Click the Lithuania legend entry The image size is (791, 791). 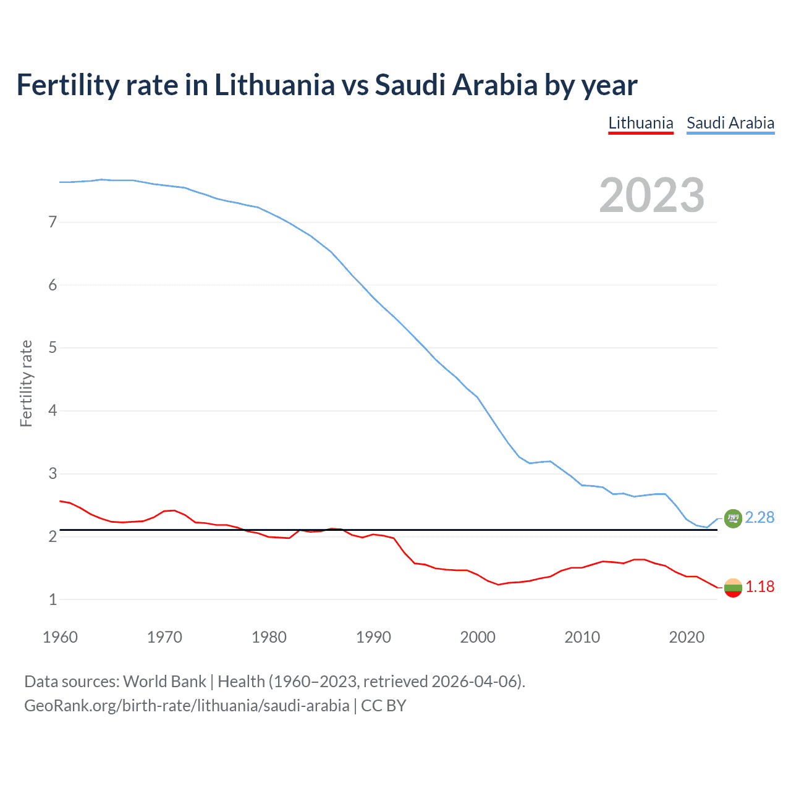tap(641, 123)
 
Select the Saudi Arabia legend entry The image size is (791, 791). tap(730, 123)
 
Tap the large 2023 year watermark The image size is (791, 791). tap(652, 195)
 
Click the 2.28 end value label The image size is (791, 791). tap(759, 518)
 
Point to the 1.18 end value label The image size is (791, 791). tap(759, 587)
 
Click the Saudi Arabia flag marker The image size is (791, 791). tap(733, 518)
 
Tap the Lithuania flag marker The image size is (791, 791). tap(733, 588)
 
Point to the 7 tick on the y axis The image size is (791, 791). tap(53, 222)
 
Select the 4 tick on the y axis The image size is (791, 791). tap(53, 410)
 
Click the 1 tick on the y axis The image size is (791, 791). tap(53, 599)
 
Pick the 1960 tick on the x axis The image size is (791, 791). tap(60, 637)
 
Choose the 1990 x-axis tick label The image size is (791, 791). tap(373, 637)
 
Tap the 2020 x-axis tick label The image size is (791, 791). tap(687, 637)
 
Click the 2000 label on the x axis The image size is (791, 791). tap(478, 637)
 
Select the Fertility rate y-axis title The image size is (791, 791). tap(26, 383)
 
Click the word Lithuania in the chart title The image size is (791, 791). tap(274, 85)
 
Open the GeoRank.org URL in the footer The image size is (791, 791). tap(187, 706)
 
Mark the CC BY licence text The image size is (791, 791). tap(384, 706)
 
